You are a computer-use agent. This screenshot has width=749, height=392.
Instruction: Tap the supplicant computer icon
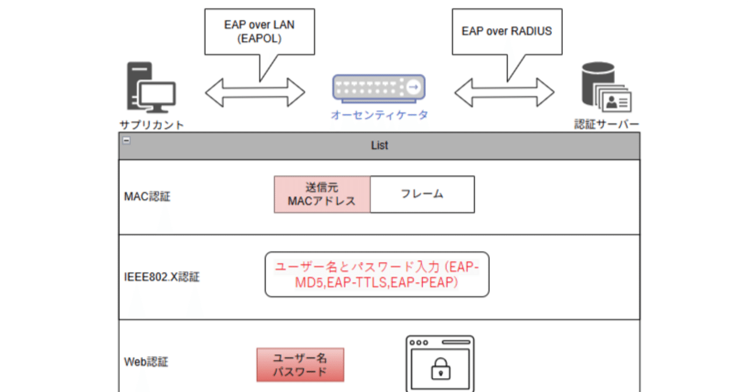click(x=151, y=89)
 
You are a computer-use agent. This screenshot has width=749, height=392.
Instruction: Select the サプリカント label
click(x=152, y=125)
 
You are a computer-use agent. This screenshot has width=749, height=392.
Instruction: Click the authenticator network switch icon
click(x=379, y=88)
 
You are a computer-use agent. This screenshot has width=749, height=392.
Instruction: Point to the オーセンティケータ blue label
click(x=379, y=115)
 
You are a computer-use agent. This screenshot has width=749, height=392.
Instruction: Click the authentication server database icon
click(x=605, y=89)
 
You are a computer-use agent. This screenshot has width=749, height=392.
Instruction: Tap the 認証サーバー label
click(x=606, y=125)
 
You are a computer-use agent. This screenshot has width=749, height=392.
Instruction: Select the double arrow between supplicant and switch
click(x=255, y=92)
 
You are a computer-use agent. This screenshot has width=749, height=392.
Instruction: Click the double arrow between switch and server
click(x=504, y=92)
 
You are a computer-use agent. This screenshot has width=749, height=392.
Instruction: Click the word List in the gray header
click(x=379, y=145)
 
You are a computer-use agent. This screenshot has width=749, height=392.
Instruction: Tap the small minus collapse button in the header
click(x=126, y=140)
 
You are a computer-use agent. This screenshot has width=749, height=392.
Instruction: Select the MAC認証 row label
click(x=147, y=197)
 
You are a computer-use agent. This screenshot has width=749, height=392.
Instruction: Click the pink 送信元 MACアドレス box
click(x=322, y=194)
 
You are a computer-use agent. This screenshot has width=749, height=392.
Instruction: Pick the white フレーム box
click(x=422, y=194)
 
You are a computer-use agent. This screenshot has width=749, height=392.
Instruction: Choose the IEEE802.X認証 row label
click(x=162, y=277)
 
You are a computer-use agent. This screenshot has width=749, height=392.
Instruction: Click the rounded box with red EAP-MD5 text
click(x=377, y=274)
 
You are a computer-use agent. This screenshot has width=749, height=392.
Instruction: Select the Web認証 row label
click(x=146, y=362)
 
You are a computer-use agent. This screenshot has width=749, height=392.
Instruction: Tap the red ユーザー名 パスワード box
click(x=300, y=365)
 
